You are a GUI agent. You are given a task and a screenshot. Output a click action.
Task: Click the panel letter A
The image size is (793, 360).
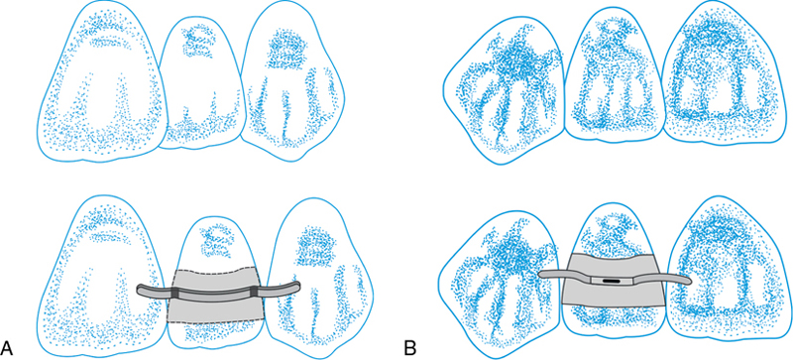(x=7, y=348)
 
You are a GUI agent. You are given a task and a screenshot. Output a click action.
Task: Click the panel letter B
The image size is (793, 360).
(x=409, y=348)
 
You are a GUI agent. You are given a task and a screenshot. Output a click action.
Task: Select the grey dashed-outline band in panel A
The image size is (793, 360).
(x=215, y=296)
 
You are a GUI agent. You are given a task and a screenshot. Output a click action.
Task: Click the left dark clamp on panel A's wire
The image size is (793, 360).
(x=174, y=293)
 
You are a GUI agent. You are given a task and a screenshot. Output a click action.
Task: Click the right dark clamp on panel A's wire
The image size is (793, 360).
(x=254, y=292)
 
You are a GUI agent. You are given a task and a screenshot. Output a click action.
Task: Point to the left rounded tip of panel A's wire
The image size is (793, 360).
(x=140, y=291)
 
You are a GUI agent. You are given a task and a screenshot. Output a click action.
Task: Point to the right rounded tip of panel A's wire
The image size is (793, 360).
(x=297, y=286)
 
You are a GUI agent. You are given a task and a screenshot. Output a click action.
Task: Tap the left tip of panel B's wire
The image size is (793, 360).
(x=541, y=274)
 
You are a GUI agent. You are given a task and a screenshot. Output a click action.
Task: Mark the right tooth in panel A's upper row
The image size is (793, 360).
(x=292, y=81)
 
